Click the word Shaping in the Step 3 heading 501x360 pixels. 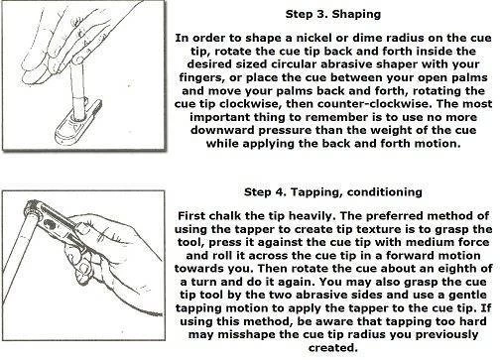click(356, 15)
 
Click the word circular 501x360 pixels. click(294, 64)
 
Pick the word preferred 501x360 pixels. click(391, 216)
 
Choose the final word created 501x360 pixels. click(333, 348)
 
